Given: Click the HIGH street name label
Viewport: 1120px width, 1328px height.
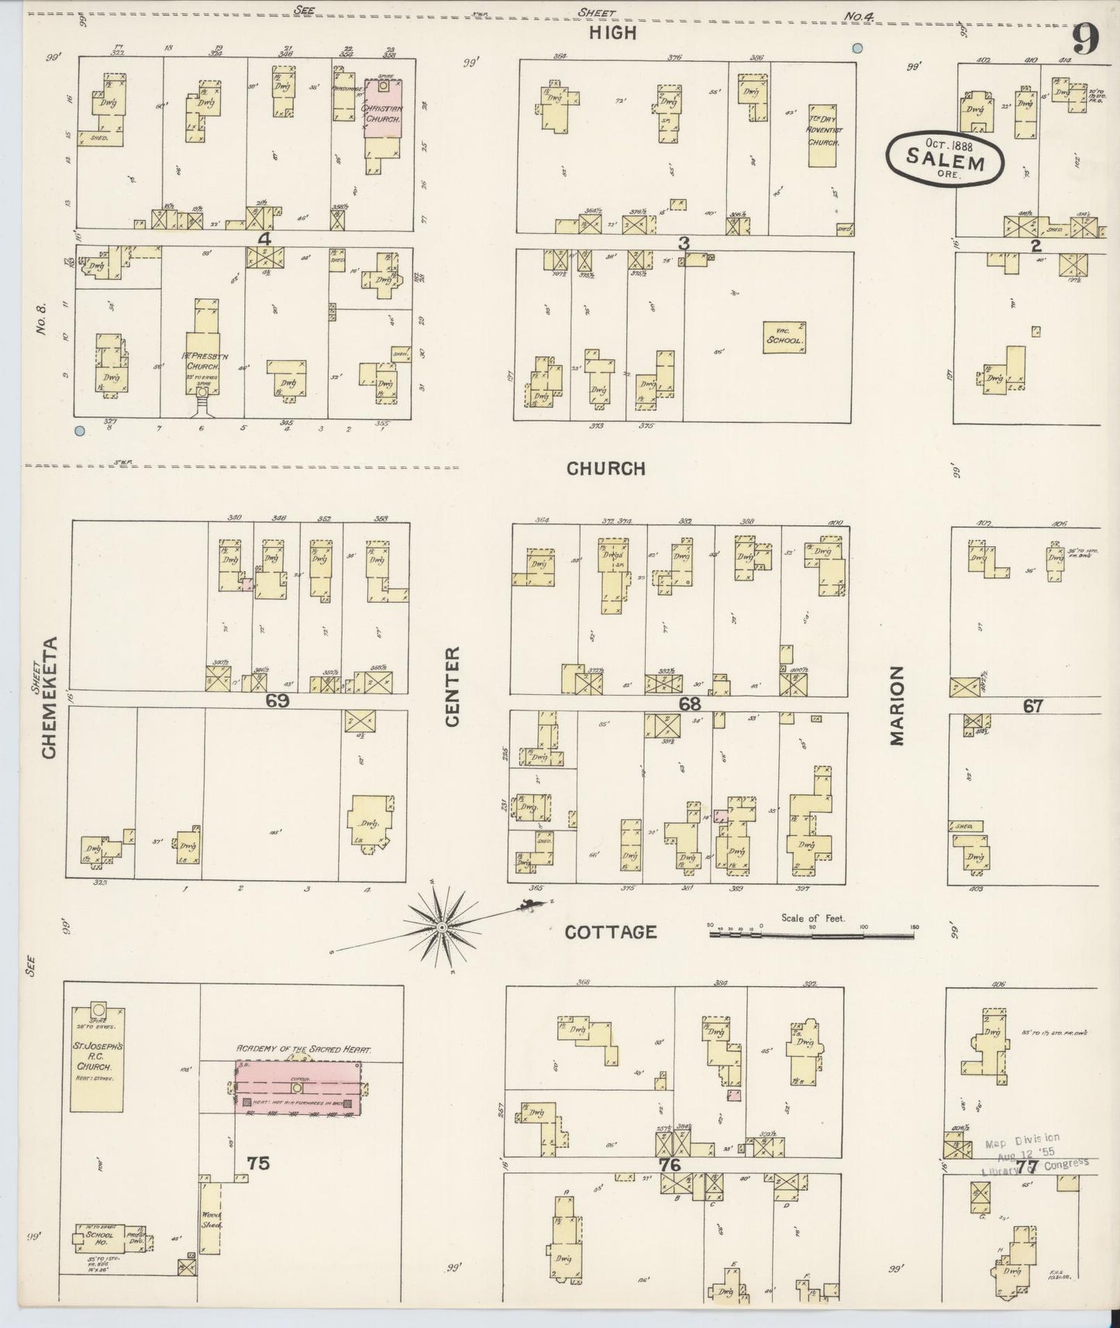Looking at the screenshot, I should [x=612, y=33].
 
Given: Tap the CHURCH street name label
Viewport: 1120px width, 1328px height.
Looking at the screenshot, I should [x=605, y=469].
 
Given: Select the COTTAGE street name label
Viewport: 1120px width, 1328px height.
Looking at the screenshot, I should [x=610, y=932].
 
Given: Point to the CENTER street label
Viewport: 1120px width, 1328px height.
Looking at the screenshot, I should [x=452, y=687].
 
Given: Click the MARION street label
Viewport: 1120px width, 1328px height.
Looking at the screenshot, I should [x=898, y=705].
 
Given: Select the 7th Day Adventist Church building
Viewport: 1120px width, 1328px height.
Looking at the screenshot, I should [x=824, y=135].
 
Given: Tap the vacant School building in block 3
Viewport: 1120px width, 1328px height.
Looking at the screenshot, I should [x=785, y=338].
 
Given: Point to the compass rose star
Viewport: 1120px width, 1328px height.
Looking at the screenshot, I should [x=441, y=927].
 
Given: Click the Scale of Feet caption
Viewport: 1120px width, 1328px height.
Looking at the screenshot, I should [x=812, y=918].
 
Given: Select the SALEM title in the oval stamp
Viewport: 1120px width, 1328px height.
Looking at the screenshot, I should [x=946, y=163].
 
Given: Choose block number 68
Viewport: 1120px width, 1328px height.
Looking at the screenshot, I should [x=689, y=704].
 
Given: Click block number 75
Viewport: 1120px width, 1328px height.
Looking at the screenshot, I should [x=258, y=1163].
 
